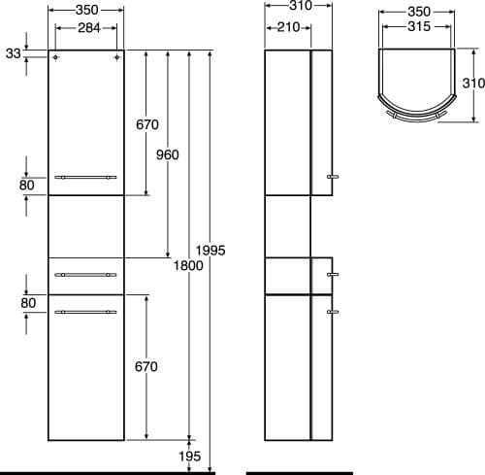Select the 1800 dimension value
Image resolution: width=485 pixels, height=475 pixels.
[x=189, y=265]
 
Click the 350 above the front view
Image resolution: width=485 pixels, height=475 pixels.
[x=87, y=11]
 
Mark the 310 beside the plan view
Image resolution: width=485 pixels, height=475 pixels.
[x=471, y=84]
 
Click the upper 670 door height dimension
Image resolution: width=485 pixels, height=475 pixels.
[x=145, y=124]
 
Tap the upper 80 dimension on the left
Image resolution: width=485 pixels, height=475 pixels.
[x=26, y=184]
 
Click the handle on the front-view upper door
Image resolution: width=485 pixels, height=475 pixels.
[x=86, y=177]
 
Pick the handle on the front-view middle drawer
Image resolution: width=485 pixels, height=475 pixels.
[x=86, y=275]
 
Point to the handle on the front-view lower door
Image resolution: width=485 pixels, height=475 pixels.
[x=86, y=311]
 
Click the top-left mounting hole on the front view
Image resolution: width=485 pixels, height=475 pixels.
[x=56, y=59]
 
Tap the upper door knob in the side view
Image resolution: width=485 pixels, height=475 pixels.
[x=334, y=177]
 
